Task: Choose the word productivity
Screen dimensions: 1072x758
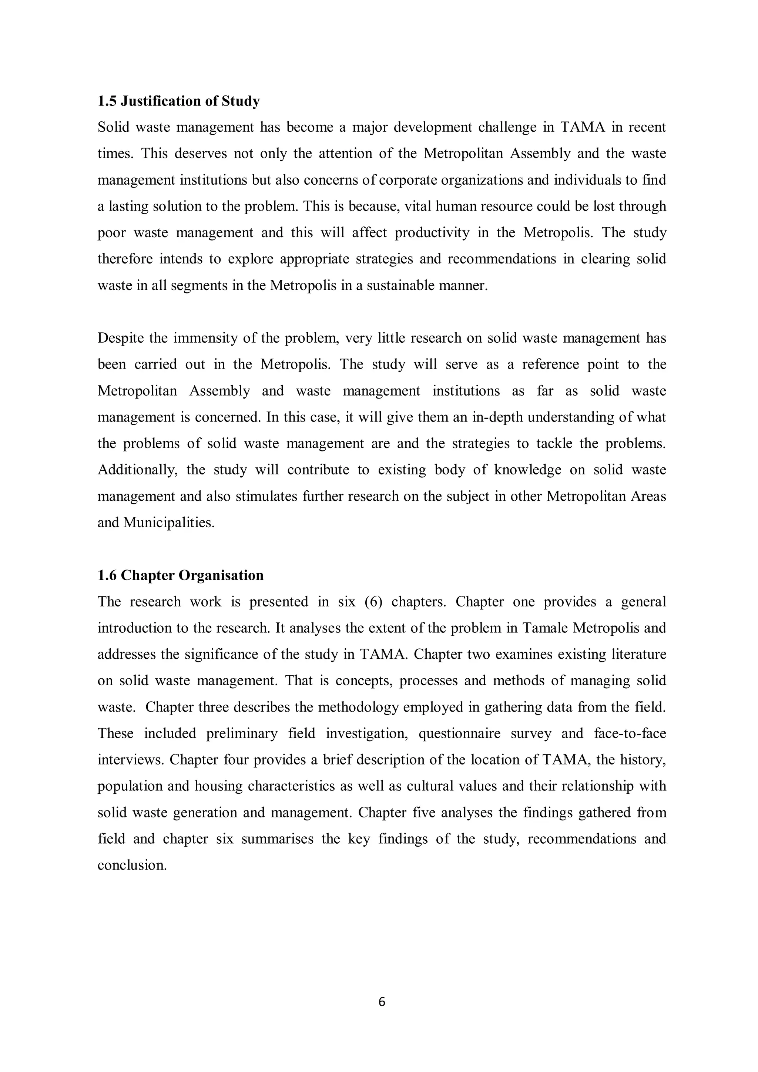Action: pos(432,232)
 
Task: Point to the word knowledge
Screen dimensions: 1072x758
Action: pos(528,470)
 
